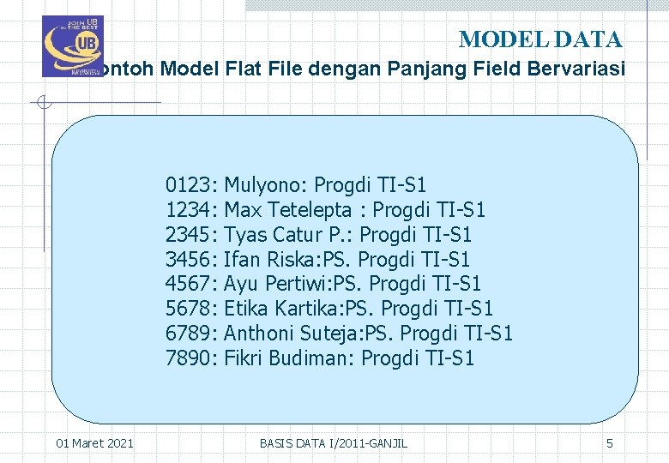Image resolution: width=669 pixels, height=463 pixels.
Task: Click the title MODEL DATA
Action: [x=540, y=39]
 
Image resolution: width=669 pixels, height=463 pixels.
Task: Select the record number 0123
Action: [x=191, y=185]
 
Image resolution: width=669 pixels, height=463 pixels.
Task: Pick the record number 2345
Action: [x=191, y=235]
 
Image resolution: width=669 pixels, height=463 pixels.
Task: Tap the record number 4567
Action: [x=191, y=284]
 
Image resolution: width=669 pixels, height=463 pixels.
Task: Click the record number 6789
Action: [x=191, y=334]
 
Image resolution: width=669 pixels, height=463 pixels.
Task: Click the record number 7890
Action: [x=191, y=358]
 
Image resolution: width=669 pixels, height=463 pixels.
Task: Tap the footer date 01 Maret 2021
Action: [x=94, y=443]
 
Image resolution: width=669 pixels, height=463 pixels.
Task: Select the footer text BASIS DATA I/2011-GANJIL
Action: [x=334, y=443]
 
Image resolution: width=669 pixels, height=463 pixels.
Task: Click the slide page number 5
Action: [x=610, y=443]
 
